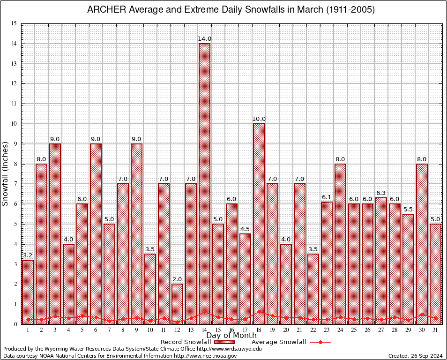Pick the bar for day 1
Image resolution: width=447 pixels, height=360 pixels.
28,291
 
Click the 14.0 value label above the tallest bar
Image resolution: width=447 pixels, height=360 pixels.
204,39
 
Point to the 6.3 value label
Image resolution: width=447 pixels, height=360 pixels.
381,193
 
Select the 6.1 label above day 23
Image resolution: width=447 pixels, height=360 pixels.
327,197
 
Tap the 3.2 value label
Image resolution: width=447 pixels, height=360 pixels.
28,255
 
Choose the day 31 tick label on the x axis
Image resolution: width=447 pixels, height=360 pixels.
435,330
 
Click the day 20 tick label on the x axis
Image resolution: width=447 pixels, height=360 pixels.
286,330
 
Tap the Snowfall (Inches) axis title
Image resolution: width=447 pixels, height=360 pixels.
6,173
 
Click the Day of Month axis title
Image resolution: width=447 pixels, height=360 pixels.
231,336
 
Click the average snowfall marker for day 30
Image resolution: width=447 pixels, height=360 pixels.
422,315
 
